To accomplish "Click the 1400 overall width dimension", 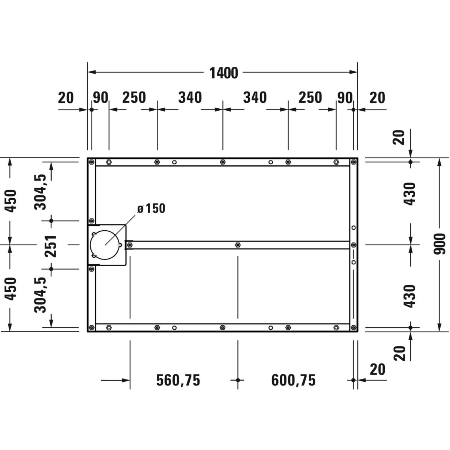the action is pyautogui.click(x=223, y=73).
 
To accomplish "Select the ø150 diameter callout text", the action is pyautogui.click(x=151, y=208).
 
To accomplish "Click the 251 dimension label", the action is pyautogui.click(x=51, y=246).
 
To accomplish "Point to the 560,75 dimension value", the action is pyautogui.click(x=178, y=380).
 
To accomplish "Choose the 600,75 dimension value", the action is pyautogui.click(x=293, y=380).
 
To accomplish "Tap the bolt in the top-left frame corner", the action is pyautogui.click(x=91, y=162).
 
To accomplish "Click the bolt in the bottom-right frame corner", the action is pyautogui.click(x=354, y=327).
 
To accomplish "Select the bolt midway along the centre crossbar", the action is pyautogui.click(x=238, y=245).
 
